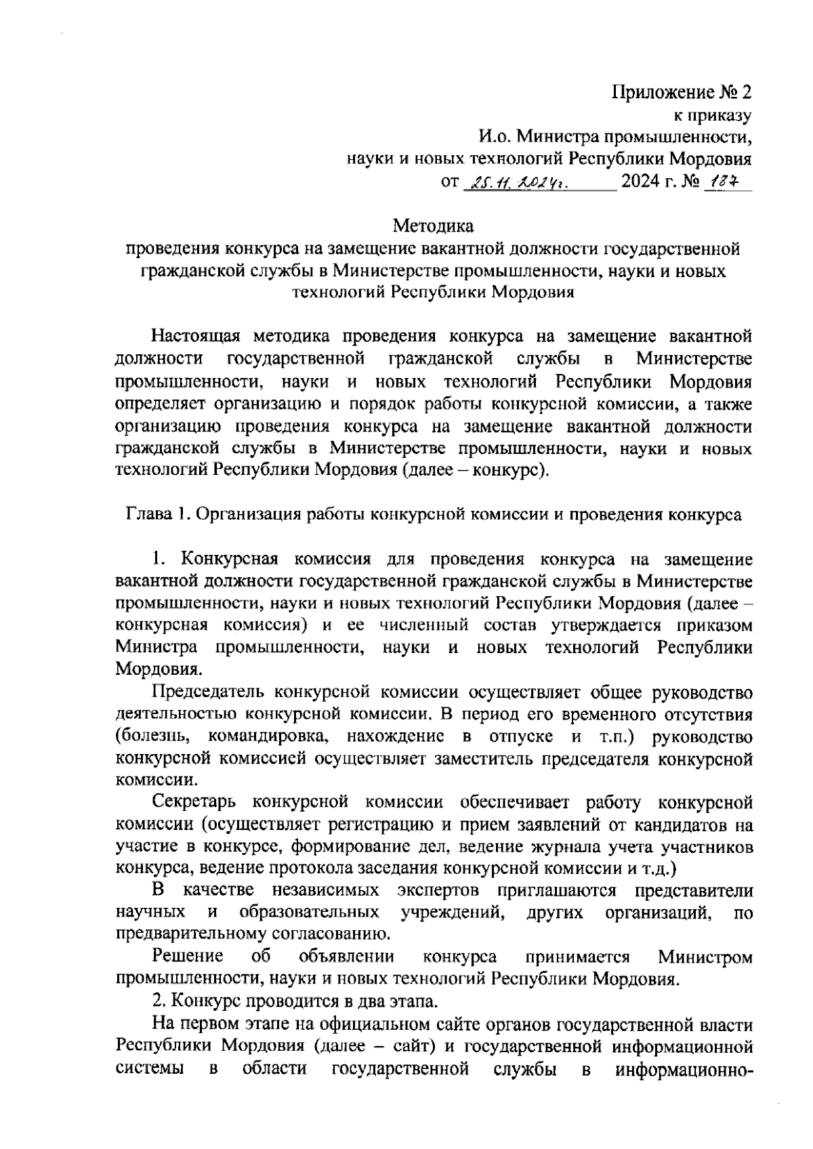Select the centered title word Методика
434,225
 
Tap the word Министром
705,957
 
